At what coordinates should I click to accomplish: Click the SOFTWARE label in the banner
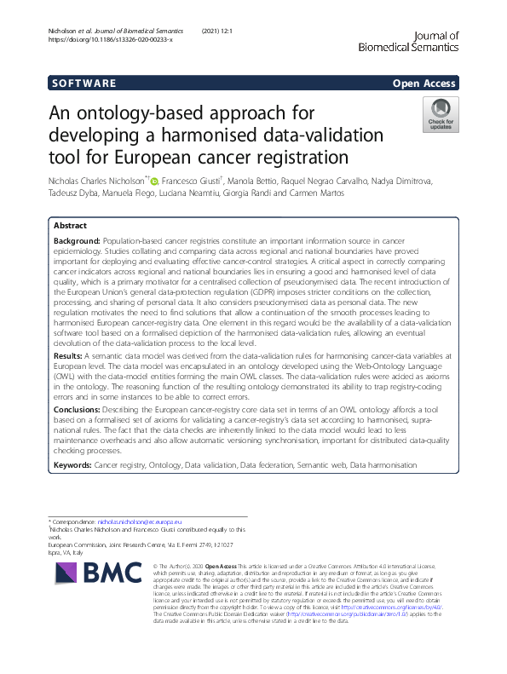(84, 84)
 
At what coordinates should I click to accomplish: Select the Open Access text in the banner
(426, 84)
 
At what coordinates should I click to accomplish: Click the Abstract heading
(70, 227)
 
